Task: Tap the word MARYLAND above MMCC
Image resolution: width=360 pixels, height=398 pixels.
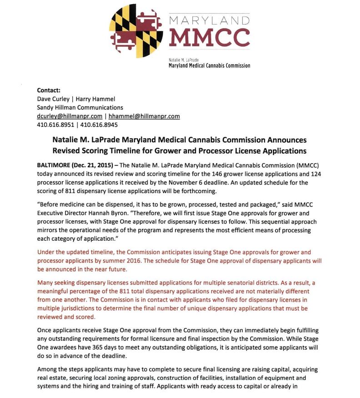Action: (x=209, y=21)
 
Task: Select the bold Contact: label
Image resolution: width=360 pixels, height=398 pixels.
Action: (x=49, y=90)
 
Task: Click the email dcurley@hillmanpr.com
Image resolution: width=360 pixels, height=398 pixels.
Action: (x=70, y=116)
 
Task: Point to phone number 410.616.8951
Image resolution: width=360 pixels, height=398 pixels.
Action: (x=55, y=125)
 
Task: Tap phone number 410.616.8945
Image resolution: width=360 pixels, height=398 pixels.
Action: (x=99, y=125)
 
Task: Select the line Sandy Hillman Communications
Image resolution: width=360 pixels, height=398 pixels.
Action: (x=80, y=108)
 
